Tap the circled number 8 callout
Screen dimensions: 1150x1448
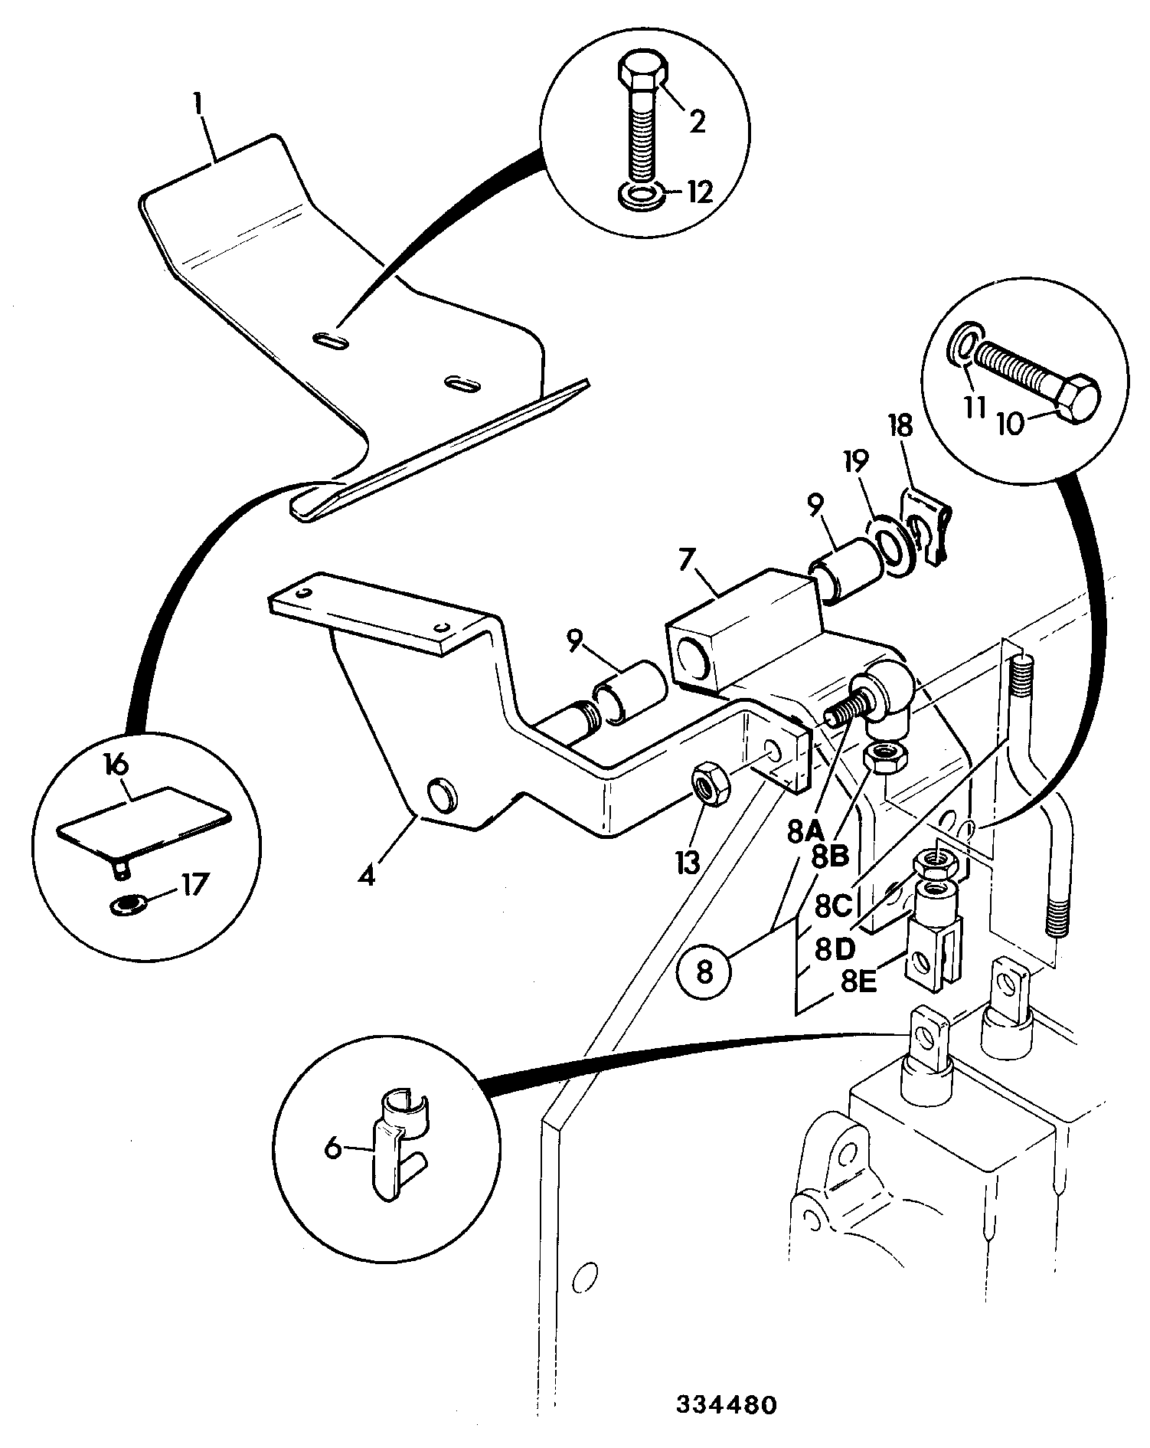(704, 972)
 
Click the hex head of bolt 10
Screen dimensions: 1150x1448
(1075, 398)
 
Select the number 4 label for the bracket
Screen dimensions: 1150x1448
(368, 874)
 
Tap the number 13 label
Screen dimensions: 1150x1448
(687, 863)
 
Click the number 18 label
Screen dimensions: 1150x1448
(900, 427)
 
